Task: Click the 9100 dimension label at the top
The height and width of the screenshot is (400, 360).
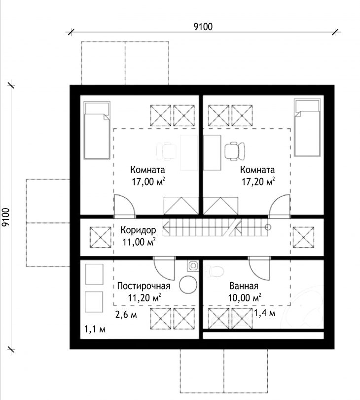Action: coord(203,26)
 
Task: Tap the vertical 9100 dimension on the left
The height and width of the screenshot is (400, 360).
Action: coord(5,217)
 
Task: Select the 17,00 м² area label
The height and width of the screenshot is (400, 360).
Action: coord(148,182)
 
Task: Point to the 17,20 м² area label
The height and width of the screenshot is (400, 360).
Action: coord(258,182)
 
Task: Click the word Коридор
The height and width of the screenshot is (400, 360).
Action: coord(138,230)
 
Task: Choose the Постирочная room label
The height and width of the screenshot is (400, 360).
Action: coord(144,286)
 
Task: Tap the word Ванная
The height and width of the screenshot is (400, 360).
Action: coord(244,286)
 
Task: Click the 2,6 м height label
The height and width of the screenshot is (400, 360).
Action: coord(126,315)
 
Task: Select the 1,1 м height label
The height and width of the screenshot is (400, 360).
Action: coord(95,329)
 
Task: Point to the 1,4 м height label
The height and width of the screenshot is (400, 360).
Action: coord(265,313)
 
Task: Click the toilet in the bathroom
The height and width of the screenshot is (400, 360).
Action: coord(214,272)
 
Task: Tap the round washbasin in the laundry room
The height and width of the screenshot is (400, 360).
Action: coord(188,285)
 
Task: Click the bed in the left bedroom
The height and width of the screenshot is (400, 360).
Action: coord(97,130)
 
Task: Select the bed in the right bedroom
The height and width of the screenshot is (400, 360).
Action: coord(307,128)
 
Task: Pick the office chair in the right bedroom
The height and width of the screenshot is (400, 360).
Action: coord(235,151)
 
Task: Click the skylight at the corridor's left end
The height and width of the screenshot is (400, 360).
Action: coord(100,237)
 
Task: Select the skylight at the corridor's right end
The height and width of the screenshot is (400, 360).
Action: coord(303,237)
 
